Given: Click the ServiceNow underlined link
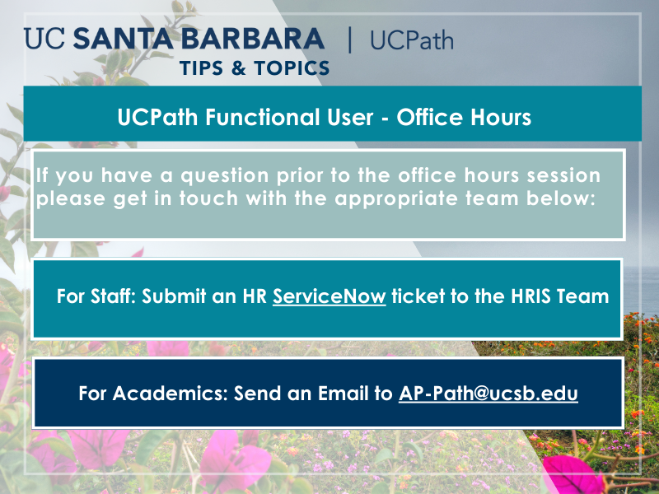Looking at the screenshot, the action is point(329,296).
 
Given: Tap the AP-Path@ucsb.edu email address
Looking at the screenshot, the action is point(488,394).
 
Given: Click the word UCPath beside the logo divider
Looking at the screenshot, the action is point(412,40).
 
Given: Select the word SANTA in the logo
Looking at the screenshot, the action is point(123,39).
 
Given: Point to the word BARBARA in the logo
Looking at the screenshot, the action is point(253,39).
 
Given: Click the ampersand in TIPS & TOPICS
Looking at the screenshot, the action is point(238,68).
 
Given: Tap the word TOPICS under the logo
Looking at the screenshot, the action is point(292,68).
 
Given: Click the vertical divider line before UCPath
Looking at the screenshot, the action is point(349,40).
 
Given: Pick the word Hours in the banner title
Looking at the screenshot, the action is point(501,117).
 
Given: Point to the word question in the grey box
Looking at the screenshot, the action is point(225,176).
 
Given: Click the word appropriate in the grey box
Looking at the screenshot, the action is point(396,198).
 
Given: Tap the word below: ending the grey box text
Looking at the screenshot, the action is point(561,198).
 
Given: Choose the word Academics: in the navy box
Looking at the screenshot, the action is point(171,394).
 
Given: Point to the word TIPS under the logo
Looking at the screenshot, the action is point(201,68).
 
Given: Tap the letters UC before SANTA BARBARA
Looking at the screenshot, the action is point(44,39).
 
